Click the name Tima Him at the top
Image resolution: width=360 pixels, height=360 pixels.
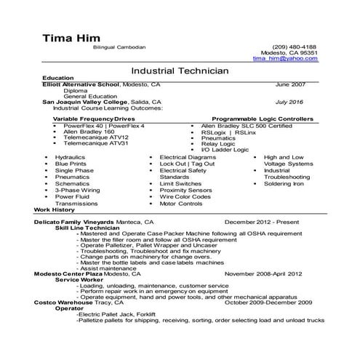point(70,37)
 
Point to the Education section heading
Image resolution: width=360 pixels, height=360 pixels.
point(58,78)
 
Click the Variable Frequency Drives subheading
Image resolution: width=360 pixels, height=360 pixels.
point(94,118)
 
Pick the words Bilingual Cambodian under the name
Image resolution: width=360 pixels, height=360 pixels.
point(119,47)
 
